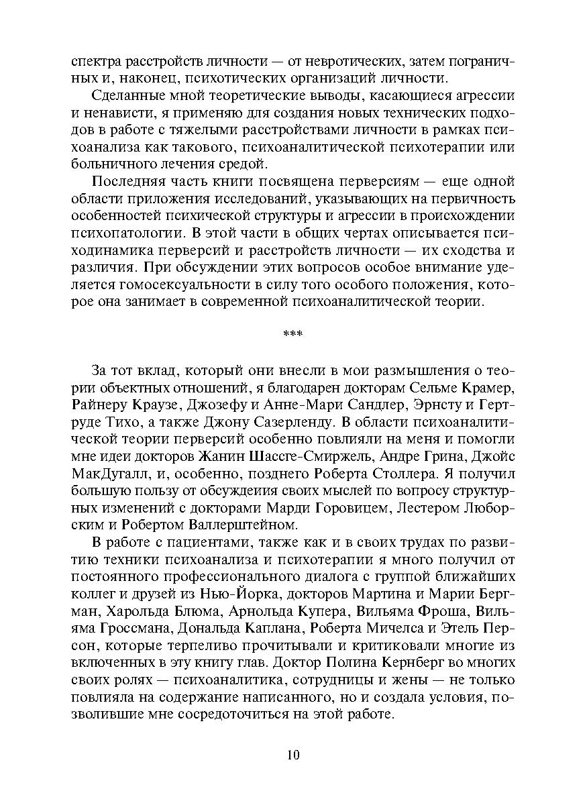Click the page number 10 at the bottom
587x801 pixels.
(292, 755)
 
